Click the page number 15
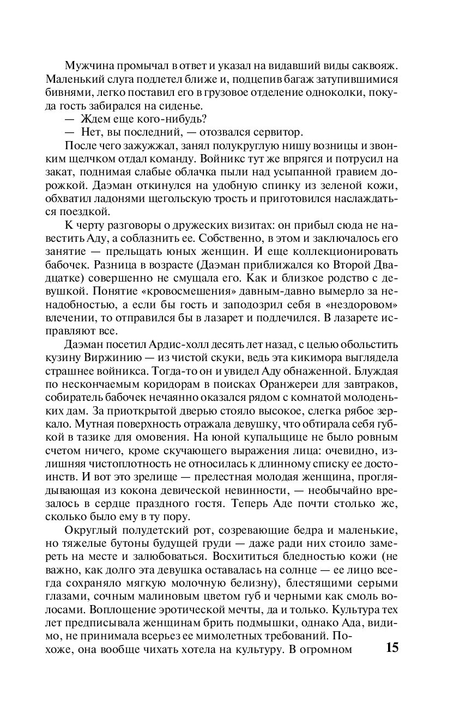[392, 648]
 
